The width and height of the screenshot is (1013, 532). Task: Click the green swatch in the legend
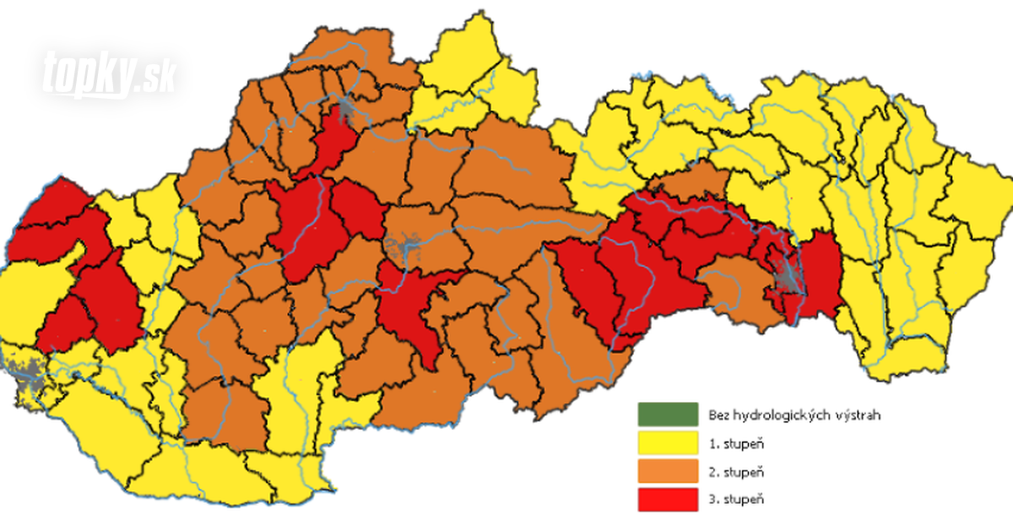(667, 414)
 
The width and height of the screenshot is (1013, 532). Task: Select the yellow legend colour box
(667, 442)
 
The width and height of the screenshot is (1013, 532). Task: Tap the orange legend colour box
(667, 470)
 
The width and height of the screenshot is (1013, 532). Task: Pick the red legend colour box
(667, 498)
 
